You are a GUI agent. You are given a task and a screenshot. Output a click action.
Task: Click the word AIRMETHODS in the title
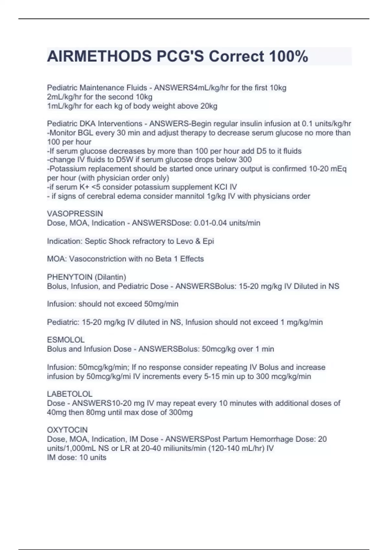[99, 57]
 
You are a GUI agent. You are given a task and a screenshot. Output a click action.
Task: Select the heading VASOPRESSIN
[75, 214]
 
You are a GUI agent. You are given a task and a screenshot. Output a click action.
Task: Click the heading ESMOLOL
[66, 340]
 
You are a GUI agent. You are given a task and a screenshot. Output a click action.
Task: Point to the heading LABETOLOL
[70, 394]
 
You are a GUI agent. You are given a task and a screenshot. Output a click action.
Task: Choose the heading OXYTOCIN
[67, 430]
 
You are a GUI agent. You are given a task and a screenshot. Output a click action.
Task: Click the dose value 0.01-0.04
[210, 223]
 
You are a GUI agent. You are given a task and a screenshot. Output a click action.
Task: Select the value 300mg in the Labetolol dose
[181, 412]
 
